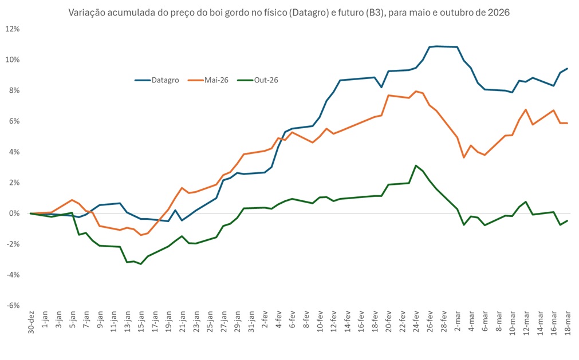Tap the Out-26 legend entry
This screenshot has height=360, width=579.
point(265,80)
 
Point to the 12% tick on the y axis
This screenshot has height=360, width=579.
point(13,29)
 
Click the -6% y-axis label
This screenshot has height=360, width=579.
point(13,305)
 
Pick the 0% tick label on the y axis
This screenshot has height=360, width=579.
point(14,213)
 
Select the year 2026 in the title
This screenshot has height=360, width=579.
point(497,12)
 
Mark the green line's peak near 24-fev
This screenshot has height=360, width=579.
point(416,165)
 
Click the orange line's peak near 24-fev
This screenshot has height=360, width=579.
point(416,91)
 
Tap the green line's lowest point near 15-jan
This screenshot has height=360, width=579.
point(141,264)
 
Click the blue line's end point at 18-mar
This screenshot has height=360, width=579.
point(567,69)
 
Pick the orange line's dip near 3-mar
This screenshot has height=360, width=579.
point(464,157)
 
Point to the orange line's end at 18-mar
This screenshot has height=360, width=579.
point(567,123)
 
